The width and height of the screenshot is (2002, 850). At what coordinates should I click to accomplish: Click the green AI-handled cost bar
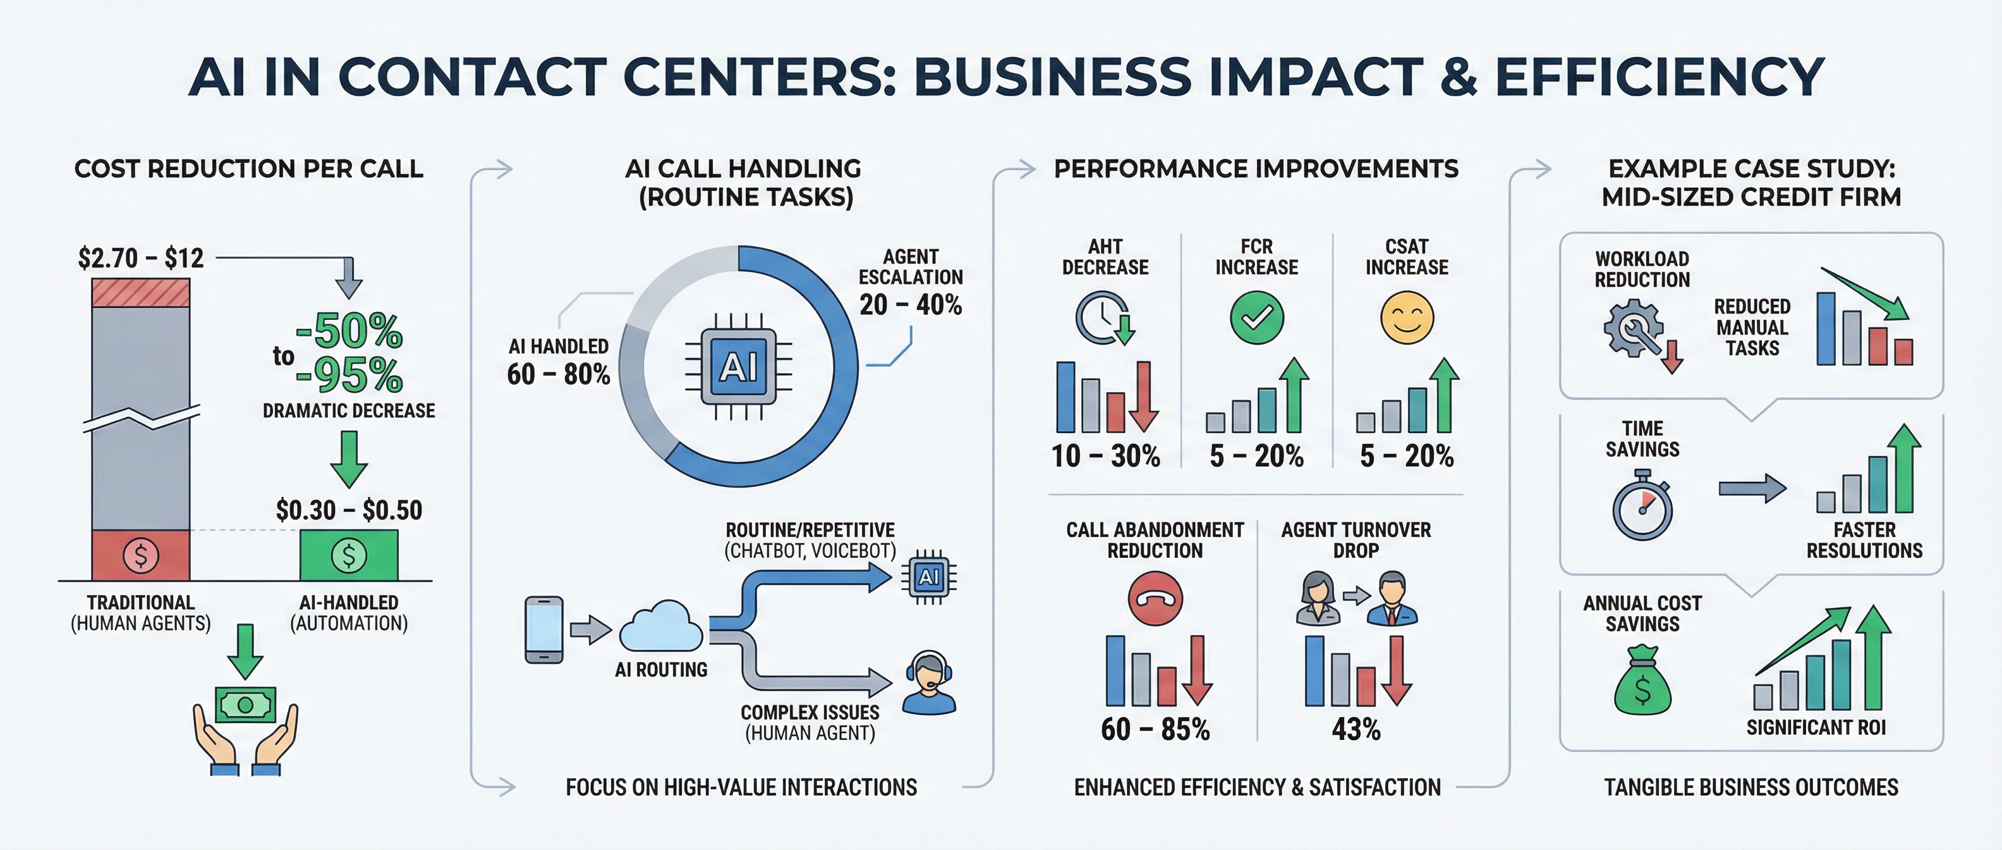coord(349,555)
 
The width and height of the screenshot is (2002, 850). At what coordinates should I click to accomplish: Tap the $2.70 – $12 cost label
coord(141,257)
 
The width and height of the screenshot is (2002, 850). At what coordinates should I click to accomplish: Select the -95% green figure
coord(349,376)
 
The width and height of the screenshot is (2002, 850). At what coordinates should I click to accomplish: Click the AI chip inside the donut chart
coord(738,366)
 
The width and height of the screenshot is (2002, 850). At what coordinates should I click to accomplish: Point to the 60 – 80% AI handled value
coord(558,374)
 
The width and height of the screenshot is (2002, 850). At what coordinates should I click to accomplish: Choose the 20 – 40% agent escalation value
coord(910,304)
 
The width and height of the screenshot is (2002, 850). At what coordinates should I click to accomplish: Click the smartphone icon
coord(544,629)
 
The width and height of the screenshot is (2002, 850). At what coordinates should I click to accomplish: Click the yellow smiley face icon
coord(1407,317)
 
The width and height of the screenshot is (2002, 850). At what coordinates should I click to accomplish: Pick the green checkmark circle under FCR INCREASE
coord(1257,317)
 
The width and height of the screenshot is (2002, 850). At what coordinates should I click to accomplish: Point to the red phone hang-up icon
coord(1155,598)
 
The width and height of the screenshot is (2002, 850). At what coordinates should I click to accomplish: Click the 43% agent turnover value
coord(1356,729)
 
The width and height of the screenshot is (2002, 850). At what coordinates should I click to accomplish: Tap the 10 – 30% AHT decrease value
coord(1105,456)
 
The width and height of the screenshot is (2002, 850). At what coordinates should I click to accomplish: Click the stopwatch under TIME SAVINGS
coord(1642,507)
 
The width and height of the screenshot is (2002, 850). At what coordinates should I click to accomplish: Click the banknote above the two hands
coord(246,705)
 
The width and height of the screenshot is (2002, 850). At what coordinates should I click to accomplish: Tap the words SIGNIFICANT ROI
coord(1816,727)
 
